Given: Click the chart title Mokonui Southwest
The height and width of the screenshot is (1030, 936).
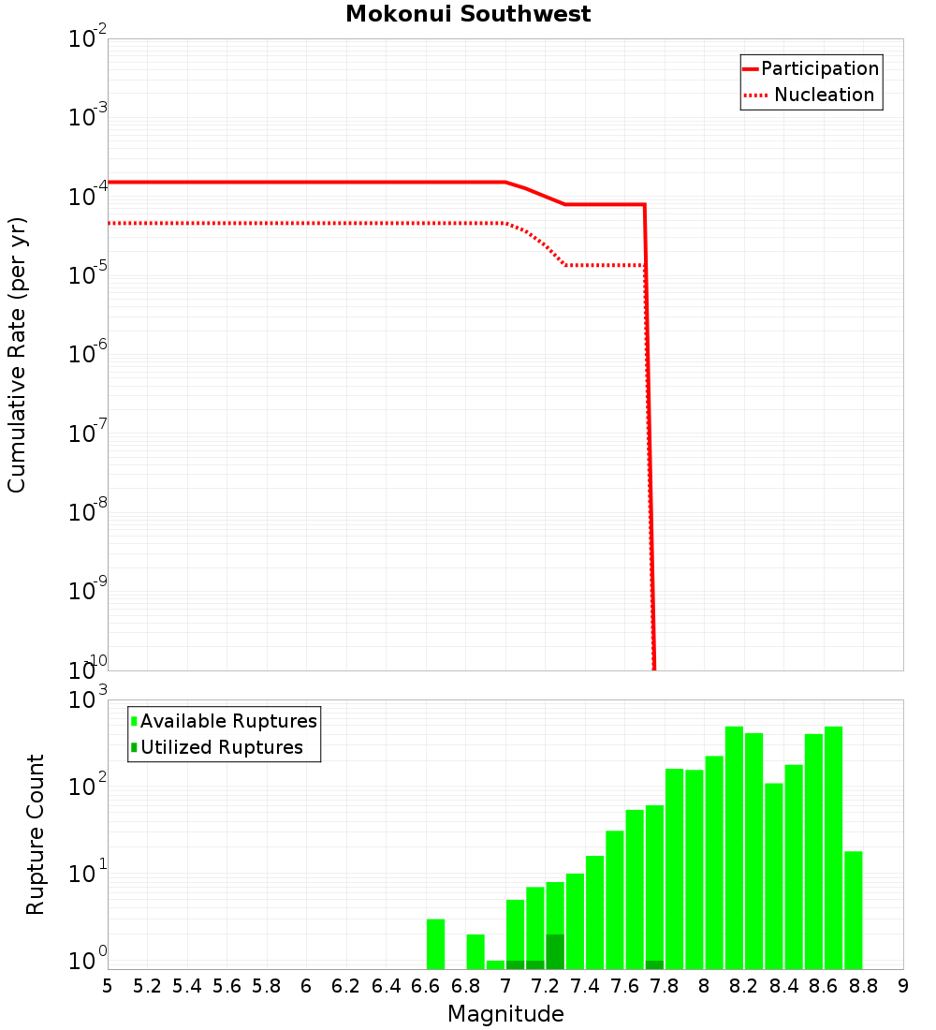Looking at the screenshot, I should (x=468, y=14).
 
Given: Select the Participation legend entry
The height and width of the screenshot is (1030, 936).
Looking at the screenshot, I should (x=819, y=68).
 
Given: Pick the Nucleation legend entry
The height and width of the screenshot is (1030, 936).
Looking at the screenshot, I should (x=823, y=95).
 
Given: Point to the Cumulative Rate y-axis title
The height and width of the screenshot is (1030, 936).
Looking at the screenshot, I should (x=17, y=355).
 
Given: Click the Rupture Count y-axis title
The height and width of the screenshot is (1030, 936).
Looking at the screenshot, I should (x=36, y=834).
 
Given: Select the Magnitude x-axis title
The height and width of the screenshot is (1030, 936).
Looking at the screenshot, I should (x=505, y=1014).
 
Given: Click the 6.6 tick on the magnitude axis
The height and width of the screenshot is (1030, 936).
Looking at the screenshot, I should (x=426, y=986).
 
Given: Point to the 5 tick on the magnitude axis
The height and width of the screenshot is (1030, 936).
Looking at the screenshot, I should (x=108, y=986).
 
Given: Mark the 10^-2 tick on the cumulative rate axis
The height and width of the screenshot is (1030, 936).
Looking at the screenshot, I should (x=88, y=39).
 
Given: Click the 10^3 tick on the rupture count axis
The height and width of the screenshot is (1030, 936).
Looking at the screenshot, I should (x=88, y=700).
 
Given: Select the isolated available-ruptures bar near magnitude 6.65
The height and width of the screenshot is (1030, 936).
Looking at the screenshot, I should (x=435, y=944).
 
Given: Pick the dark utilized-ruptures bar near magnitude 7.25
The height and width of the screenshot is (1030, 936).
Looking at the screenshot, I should (x=555, y=951).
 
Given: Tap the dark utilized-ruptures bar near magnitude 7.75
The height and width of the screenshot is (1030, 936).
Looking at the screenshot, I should (x=654, y=964).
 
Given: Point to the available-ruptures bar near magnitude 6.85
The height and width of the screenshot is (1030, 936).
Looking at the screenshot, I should (x=475, y=951).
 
